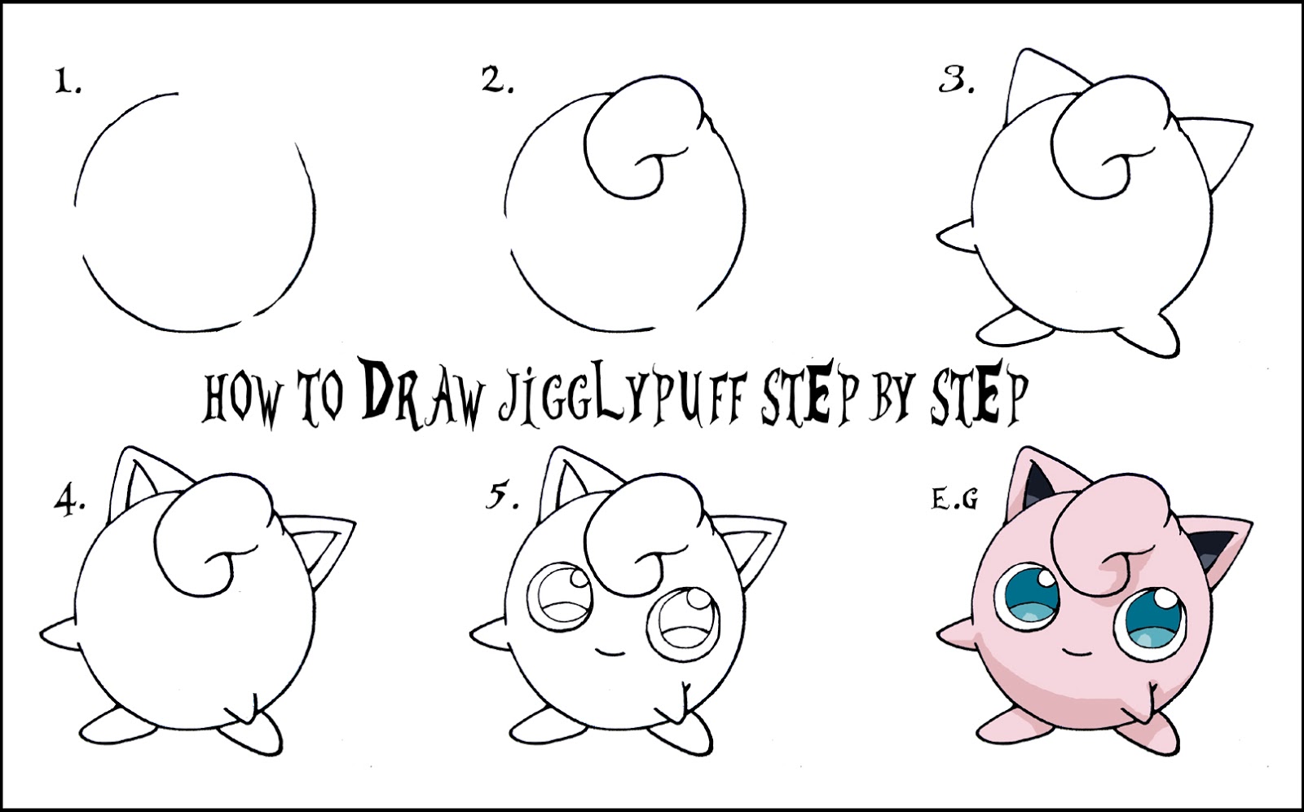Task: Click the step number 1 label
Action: tap(68, 82)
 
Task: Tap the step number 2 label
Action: tap(496, 81)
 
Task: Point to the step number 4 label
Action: tap(70, 502)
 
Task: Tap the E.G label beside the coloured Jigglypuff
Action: tap(954, 500)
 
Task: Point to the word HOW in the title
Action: tap(241, 399)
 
